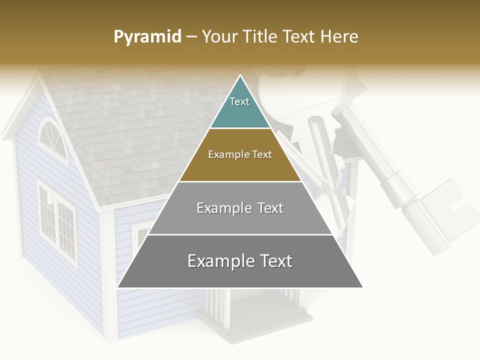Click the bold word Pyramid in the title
[x=147, y=37]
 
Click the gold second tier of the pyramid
[x=240, y=167]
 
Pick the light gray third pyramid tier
[x=240, y=220]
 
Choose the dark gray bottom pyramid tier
[x=240, y=275]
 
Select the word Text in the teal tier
[x=239, y=101]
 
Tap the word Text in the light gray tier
[x=267, y=208]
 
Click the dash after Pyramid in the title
[x=191, y=37]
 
